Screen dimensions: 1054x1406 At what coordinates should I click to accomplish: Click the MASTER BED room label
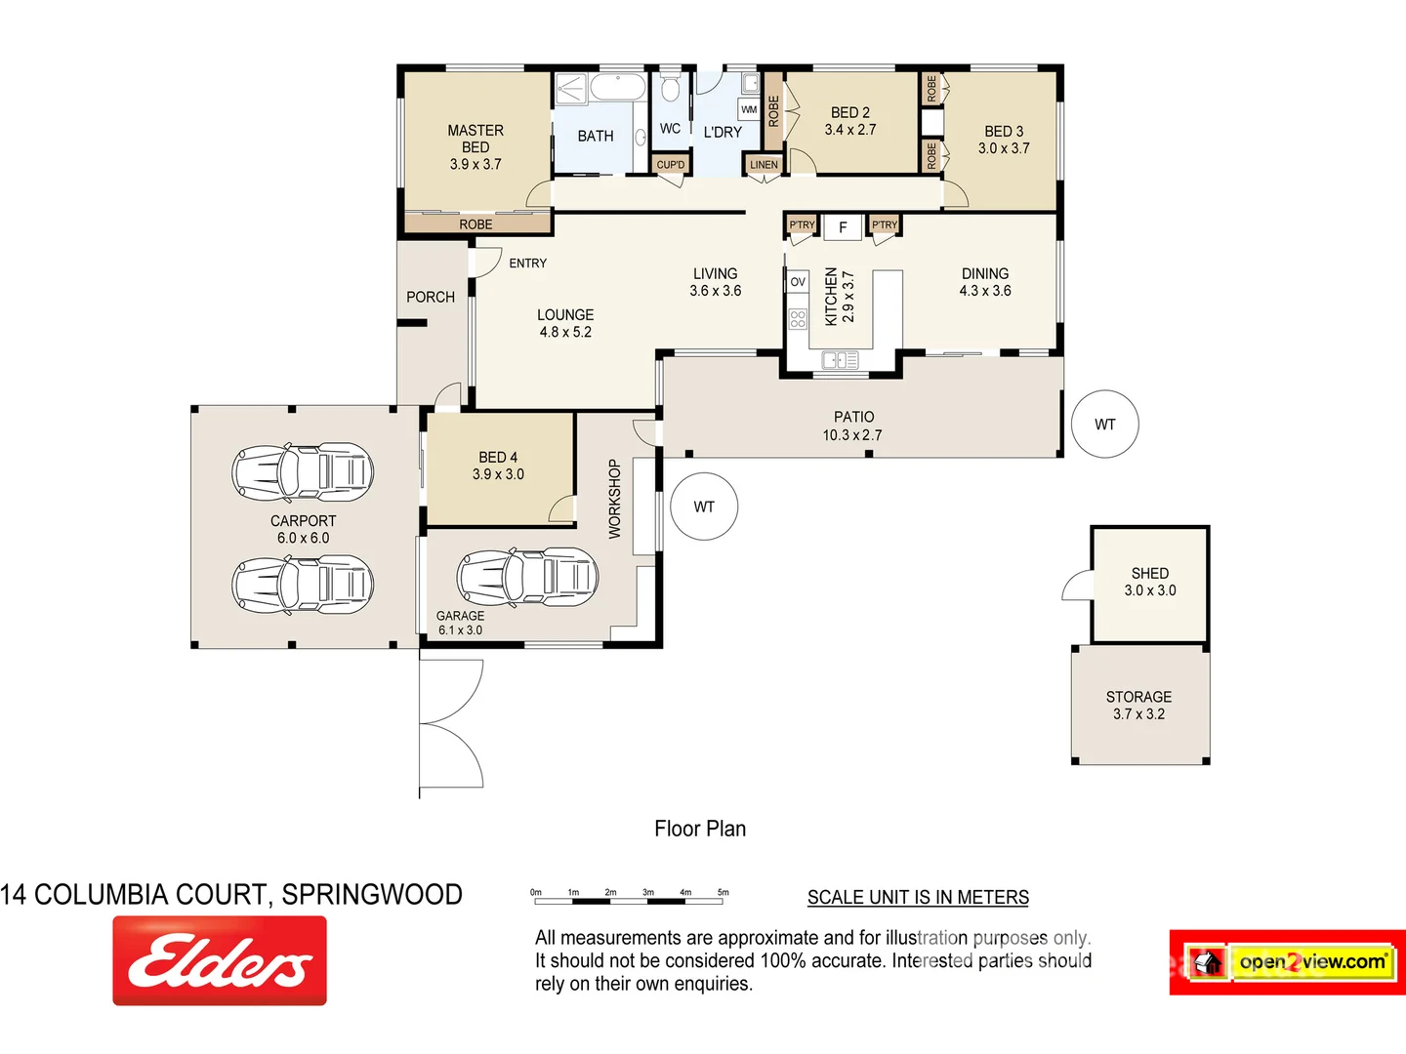tap(476, 146)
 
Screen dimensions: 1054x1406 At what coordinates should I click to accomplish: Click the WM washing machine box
tap(749, 109)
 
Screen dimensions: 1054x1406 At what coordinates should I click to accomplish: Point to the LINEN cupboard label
tap(764, 165)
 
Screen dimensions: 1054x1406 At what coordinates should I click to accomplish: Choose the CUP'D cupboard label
tap(671, 165)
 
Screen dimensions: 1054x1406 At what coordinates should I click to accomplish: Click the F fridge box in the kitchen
tap(843, 227)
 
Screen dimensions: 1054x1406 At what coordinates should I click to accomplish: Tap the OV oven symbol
tap(798, 282)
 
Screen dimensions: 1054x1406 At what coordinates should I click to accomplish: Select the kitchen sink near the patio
tap(840, 361)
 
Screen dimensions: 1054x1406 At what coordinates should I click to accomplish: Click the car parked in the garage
tap(527, 577)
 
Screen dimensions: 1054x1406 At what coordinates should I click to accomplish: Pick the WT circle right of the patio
tap(1104, 425)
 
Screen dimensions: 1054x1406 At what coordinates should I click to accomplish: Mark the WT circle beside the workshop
tap(704, 507)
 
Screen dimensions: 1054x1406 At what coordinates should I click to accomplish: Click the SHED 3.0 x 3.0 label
tap(1150, 582)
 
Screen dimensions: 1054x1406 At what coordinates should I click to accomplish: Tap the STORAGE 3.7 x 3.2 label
tap(1138, 705)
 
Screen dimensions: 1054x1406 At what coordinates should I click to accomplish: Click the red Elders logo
tap(220, 960)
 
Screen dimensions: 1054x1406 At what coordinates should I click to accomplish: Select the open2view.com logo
tap(1288, 962)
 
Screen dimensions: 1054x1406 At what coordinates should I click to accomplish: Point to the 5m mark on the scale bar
tap(724, 892)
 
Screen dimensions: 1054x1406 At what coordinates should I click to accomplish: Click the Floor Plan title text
tap(700, 829)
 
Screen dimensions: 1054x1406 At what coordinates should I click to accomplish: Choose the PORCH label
tap(431, 297)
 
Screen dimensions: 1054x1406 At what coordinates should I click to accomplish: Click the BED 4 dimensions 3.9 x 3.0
tap(498, 474)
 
